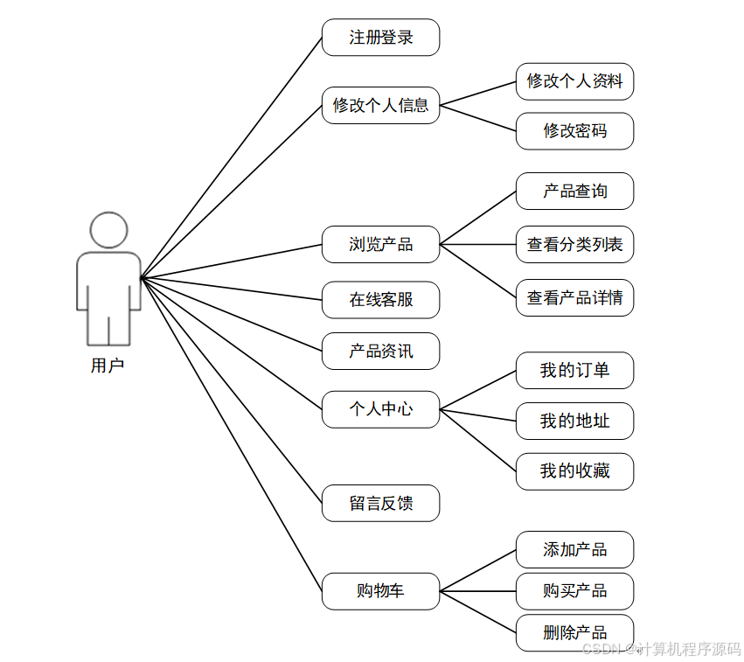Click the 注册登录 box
coord(380,38)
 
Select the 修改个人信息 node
coord(380,106)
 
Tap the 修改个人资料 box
coord(574,81)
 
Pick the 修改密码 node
coord(574,131)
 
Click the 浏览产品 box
coord(380,244)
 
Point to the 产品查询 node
coord(574,191)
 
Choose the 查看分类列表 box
coord(574,244)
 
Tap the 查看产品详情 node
coord(574,297)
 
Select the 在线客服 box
coord(380,300)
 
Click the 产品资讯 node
coord(380,352)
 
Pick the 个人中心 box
coord(380,409)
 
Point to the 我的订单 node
coord(574,371)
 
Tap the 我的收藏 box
coord(574,471)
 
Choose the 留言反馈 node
coord(380,504)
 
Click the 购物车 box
coord(380,591)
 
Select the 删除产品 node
coord(574,632)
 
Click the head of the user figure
coord(108,230)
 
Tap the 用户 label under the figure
coord(108,366)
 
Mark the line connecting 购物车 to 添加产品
coord(477,570)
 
